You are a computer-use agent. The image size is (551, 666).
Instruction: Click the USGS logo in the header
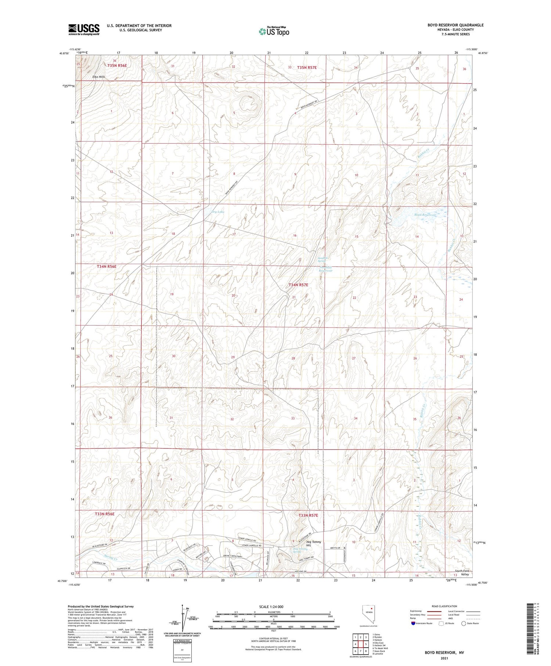[x=84, y=29]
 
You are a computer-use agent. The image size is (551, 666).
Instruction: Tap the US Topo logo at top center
[x=274, y=32]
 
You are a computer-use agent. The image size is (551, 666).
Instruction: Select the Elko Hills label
[x=98, y=77]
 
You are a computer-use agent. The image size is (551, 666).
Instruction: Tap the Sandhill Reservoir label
[x=325, y=269]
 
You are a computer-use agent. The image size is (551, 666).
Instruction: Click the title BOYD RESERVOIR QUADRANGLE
[x=455, y=25]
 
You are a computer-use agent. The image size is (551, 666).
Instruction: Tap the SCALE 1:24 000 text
[x=271, y=606]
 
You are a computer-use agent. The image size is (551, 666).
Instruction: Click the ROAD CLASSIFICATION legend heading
[x=444, y=606]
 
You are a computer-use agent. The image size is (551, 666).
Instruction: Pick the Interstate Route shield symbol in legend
[x=413, y=623]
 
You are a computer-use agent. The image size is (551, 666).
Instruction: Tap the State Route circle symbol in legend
[x=464, y=623]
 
